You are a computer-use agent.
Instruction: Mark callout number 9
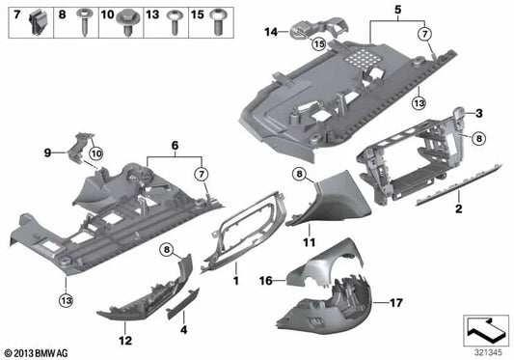tap(47, 152)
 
